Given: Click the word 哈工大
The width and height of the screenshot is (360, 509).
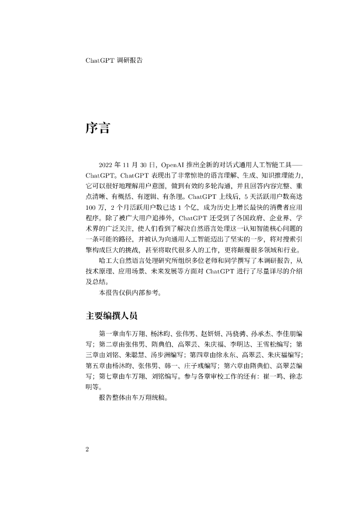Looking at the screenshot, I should (x=109, y=274).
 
